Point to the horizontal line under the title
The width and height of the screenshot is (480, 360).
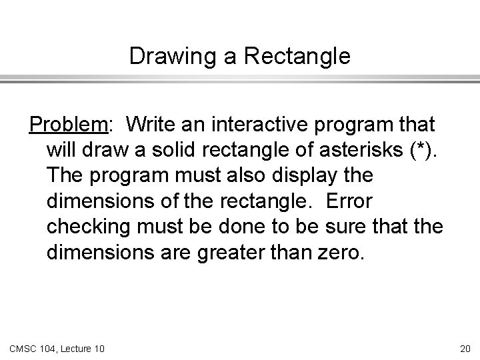tap(240, 81)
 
